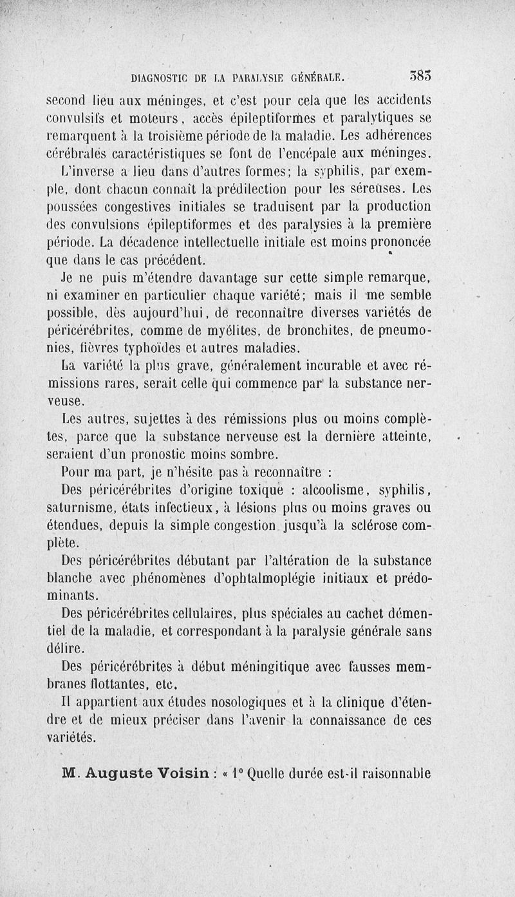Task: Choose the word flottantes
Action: pos(108,683)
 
